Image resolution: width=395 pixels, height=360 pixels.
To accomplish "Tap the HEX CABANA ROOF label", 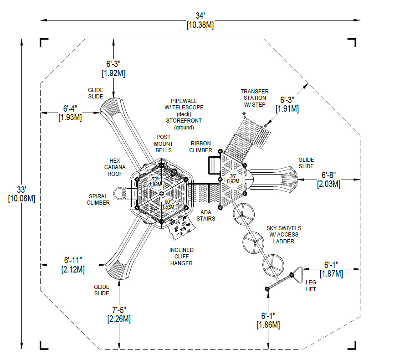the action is pyautogui.click(x=115, y=167).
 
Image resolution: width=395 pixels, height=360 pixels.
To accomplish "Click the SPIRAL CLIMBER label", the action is pyautogui.click(x=98, y=200).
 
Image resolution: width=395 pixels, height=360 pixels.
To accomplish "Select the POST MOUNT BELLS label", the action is pyautogui.click(x=164, y=144).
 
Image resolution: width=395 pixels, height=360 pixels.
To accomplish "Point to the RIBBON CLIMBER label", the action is pyautogui.click(x=201, y=147).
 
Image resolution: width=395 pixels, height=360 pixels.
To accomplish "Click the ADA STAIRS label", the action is pyautogui.click(x=206, y=216).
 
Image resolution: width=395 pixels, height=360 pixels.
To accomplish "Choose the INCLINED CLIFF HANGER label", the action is pyautogui.click(x=181, y=257).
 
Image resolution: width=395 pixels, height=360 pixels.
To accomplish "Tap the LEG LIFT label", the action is pyautogui.click(x=311, y=286).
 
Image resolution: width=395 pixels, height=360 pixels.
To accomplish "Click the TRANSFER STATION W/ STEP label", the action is pyautogui.click(x=255, y=98).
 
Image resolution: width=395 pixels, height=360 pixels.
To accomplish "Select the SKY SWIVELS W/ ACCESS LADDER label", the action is pyautogui.click(x=284, y=235).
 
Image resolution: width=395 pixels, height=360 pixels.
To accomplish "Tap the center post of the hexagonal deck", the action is pyautogui.click(x=161, y=194).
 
